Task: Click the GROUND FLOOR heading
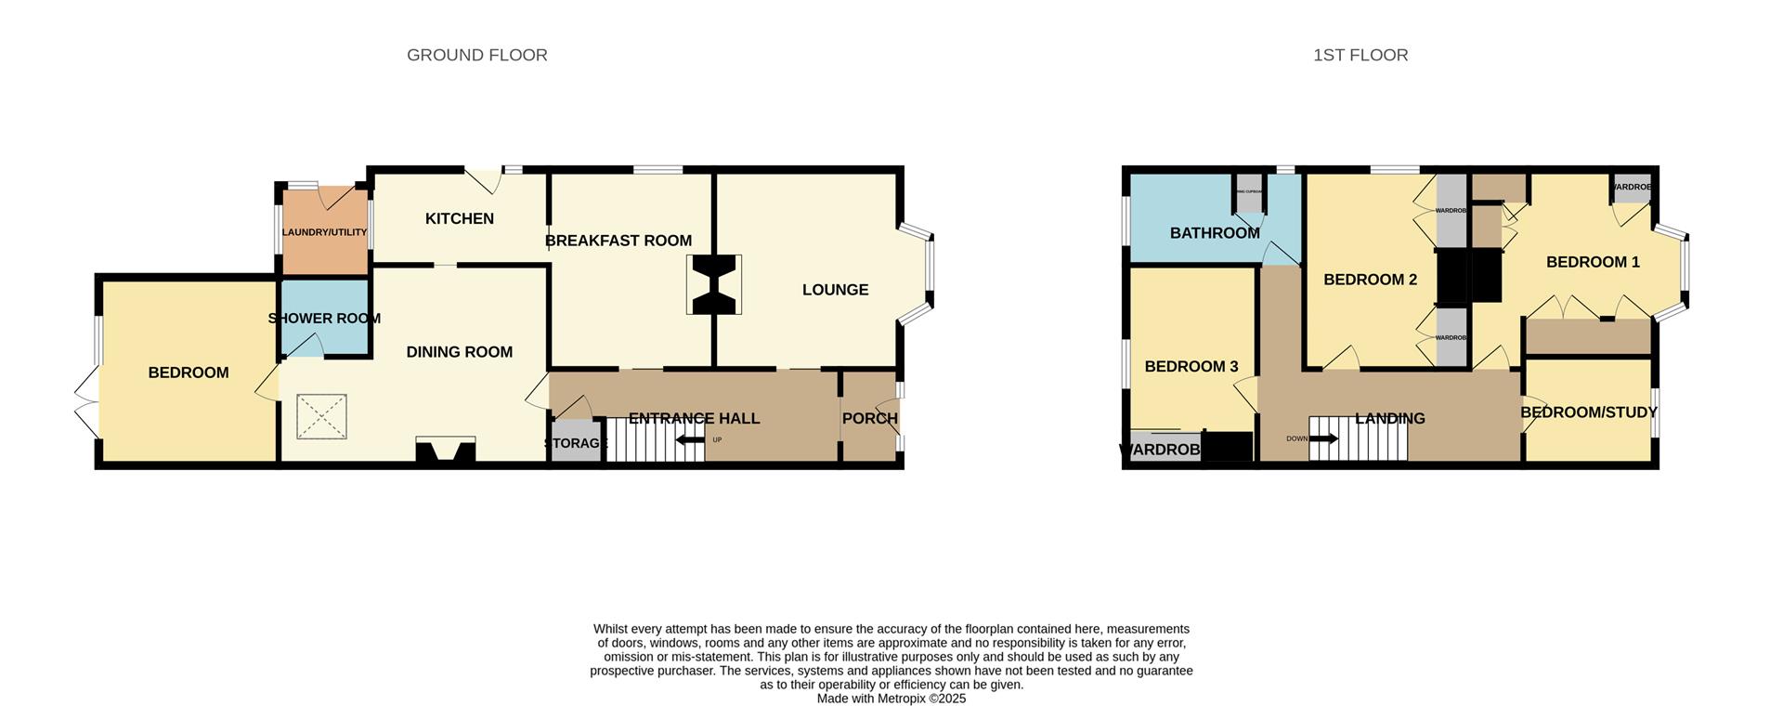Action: click(x=476, y=55)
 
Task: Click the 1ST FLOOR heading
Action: click(x=1360, y=55)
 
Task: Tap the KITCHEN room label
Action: click(x=459, y=218)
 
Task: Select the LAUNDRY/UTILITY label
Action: click(x=324, y=232)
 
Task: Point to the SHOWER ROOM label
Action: click(x=324, y=318)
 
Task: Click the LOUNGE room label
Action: click(x=835, y=290)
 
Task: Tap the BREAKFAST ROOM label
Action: click(x=618, y=241)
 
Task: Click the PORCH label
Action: click(x=869, y=418)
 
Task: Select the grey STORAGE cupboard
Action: click(x=576, y=443)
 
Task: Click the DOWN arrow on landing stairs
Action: click(x=1322, y=438)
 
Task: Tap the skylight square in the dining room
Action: click(x=322, y=417)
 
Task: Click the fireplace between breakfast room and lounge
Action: click(x=713, y=285)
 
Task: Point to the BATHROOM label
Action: click(x=1214, y=233)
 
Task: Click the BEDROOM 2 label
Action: click(x=1370, y=280)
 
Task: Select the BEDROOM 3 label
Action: click(x=1191, y=366)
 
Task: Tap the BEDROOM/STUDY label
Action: click(x=1588, y=412)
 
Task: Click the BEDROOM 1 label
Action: click(x=1593, y=262)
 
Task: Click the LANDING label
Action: click(x=1389, y=418)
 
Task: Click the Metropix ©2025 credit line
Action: click(x=891, y=699)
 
